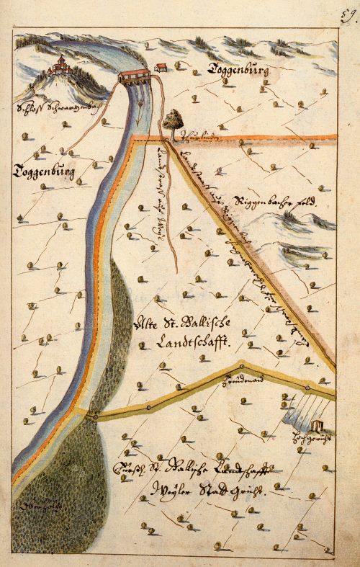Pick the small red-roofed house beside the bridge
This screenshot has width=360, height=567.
point(162,68)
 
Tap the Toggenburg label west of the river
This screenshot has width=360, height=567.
point(44,171)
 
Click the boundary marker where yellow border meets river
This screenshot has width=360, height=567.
point(94,415)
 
